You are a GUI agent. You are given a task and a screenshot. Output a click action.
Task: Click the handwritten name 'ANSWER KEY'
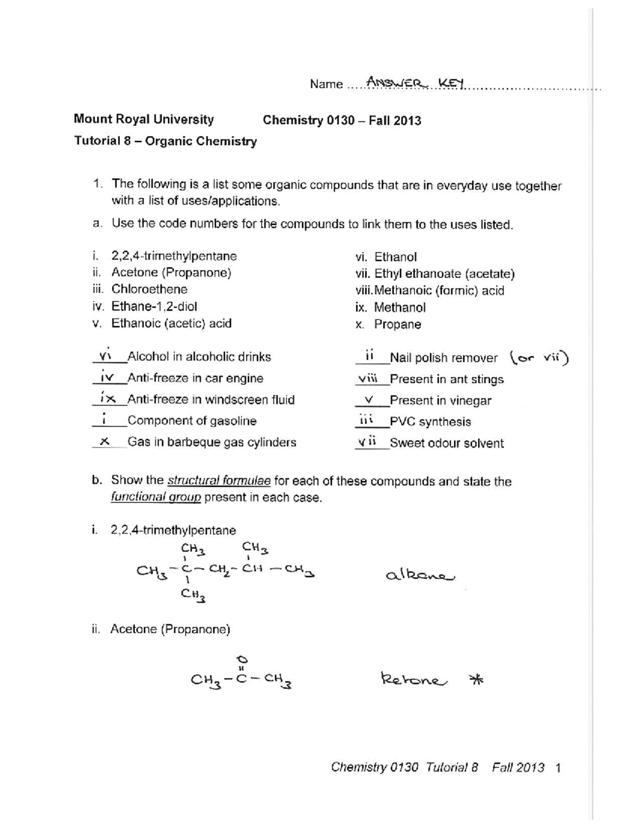[413, 83]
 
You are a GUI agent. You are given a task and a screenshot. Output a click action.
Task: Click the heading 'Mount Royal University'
[143, 119]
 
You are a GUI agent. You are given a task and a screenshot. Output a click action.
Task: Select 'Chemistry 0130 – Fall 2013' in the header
[342, 120]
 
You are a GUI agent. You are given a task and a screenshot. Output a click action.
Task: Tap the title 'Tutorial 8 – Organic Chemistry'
[165, 141]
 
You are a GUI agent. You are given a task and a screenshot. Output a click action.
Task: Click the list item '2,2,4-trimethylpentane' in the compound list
[174, 256]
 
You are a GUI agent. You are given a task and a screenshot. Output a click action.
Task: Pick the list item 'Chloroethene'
[149, 290]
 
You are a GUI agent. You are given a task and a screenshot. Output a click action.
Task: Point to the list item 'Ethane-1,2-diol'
[154, 307]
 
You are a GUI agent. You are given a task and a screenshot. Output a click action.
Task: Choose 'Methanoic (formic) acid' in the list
[439, 291]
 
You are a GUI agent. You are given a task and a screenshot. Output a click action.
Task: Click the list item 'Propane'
[397, 324]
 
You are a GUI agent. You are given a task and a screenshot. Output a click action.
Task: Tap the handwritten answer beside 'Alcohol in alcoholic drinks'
[105, 356]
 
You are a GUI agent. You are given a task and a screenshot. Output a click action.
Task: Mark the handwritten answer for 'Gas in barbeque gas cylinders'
[105, 441]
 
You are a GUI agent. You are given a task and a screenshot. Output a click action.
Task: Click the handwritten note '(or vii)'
[539, 358]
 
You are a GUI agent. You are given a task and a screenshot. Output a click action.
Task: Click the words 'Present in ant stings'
[446, 379]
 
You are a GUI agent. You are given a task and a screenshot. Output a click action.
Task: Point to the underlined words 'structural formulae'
[219, 481]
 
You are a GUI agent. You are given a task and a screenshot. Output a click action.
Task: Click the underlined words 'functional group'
[156, 497]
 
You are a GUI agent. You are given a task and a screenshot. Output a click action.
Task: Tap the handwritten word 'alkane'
[420, 575]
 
